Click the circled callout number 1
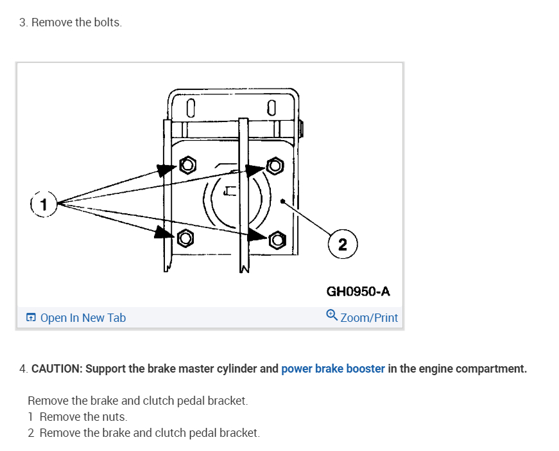44,205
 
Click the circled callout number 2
342,244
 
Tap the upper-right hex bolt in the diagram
275,166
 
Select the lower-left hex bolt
185,238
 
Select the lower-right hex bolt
277,240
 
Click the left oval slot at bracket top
190,107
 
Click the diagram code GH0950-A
358,291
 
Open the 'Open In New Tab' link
83,317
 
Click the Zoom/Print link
369,317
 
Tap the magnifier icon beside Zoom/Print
331,315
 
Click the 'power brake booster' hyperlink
333,369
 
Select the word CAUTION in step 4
56,369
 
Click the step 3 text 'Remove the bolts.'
76,22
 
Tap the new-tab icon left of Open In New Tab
31,317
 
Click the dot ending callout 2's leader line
283,200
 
